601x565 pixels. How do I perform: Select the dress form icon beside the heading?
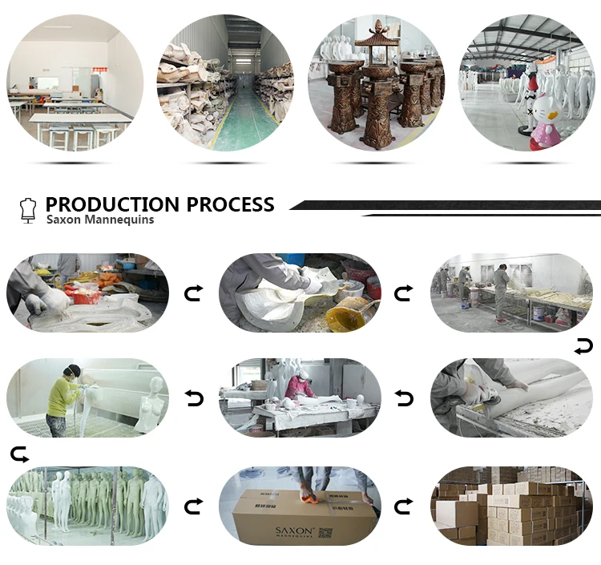(x=28, y=211)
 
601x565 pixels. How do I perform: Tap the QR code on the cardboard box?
(x=325, y=532)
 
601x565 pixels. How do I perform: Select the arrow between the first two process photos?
(x=194, y=293)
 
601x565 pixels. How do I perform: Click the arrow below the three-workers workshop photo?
(x=583, y=346)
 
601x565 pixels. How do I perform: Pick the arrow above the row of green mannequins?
(x=19, y=455)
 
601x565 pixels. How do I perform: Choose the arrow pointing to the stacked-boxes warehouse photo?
(x=405, y=506)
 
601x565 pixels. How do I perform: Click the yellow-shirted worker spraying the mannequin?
(x=63, y=398)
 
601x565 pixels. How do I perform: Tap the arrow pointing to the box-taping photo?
(x=194, y=506)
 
